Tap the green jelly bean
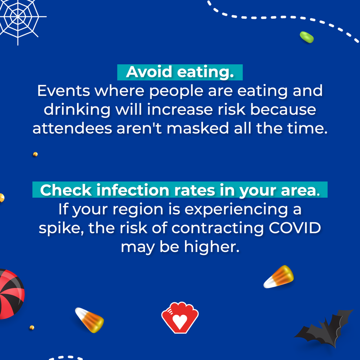[307, 37]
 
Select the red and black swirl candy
[10, 294]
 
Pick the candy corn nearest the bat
[279, 277]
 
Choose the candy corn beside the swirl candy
[90, 320]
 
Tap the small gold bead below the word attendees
[35, 154]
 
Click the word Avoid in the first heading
[149, 72]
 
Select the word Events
[63, 91]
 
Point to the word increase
[180, 109]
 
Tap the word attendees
[72, 128]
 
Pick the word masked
[198, 128]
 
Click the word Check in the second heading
[66, 190]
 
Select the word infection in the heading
[133, 190]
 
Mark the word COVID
[295, 228]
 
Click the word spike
[61, 229]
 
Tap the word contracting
[217, 229]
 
